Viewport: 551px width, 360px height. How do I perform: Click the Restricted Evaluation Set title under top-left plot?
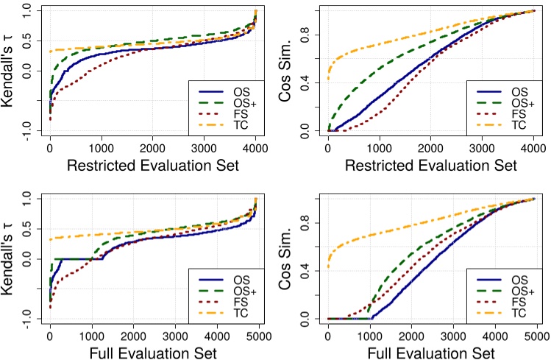tap(153, 166)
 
